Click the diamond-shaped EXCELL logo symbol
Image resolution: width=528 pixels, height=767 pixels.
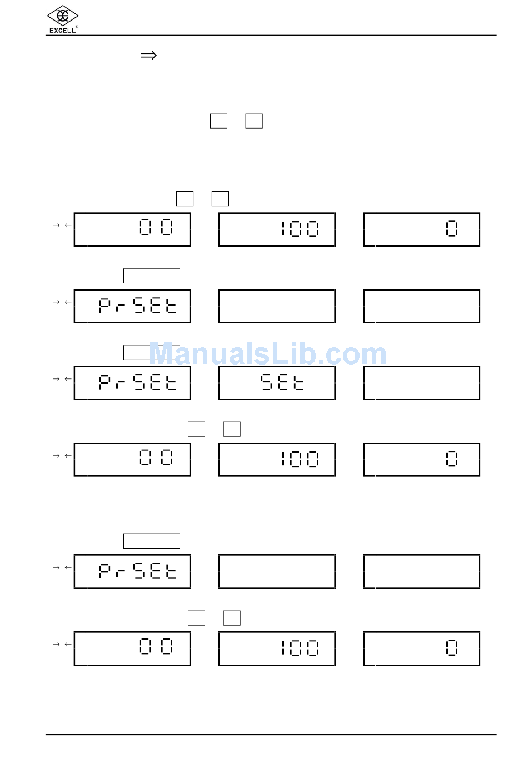click(62, 16)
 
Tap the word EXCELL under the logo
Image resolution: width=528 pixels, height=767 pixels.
click(62, 31)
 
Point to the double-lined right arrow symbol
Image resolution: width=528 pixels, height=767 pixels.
click(148, 55)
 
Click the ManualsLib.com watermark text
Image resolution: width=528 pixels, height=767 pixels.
click(267, 354)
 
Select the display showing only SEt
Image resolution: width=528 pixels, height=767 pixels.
click(277, 383)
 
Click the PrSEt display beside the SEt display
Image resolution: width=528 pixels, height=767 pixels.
click(132, 383)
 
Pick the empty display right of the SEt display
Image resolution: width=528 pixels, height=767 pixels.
click(421, 383)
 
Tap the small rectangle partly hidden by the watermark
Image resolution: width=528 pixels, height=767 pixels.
click(151, 352)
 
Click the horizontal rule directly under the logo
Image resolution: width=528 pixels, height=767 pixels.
click(271, 35)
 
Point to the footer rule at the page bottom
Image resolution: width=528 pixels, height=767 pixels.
click(271, 735)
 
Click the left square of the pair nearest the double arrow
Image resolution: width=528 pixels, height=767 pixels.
click(218, 121)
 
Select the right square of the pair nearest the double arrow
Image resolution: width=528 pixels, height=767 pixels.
click(254, 121)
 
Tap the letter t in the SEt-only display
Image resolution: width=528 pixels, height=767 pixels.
click(298, 382)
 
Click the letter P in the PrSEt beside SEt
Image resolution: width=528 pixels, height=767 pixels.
click(104, 382)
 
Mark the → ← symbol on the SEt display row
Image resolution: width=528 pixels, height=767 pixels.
click(62, 379)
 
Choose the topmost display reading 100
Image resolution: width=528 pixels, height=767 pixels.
click(277, 229)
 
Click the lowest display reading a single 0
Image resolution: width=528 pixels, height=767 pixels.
click(421, 648)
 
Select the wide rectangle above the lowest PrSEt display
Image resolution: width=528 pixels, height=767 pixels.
click(151, 541)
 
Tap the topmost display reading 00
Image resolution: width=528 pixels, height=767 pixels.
click(132, 229)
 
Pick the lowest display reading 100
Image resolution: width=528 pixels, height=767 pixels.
click(277, 648)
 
